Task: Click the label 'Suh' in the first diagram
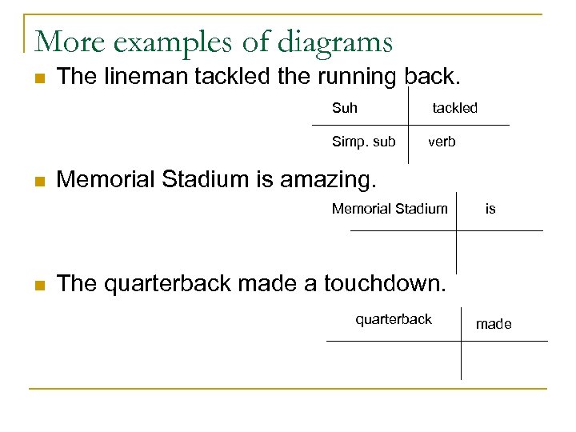point(345,108)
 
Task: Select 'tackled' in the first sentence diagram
point(454,108)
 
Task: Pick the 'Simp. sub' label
point(363,142)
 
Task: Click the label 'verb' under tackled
point(442,142)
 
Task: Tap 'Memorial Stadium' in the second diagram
point(390,209)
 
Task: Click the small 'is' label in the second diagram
point(490,209)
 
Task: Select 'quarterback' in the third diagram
point(394,319)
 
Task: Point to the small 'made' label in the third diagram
point(494,324)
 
